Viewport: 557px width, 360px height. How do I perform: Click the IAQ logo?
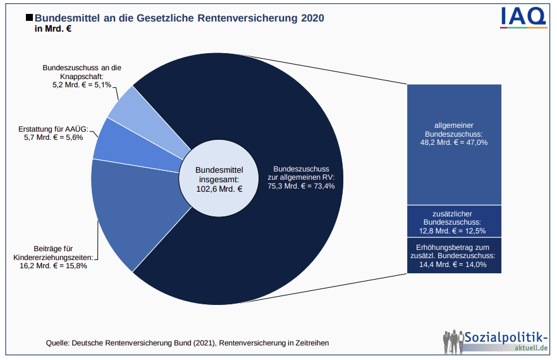[x=523, y=18]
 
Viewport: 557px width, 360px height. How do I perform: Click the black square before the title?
[x=28, y=19]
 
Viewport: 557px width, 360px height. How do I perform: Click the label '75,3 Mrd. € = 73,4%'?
[x=301, y=186]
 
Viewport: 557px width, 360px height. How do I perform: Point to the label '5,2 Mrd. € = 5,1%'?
[x=82, y=84]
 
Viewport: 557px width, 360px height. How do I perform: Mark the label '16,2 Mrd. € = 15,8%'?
[x=53, y=266]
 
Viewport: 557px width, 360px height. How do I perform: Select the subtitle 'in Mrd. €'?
[x=54, y=30]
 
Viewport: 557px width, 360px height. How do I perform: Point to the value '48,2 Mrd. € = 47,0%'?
[x=453, y=142]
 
